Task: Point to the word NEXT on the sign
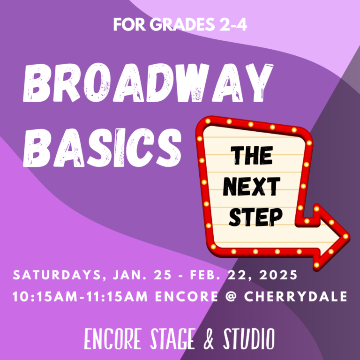click(x=252, y=187)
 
